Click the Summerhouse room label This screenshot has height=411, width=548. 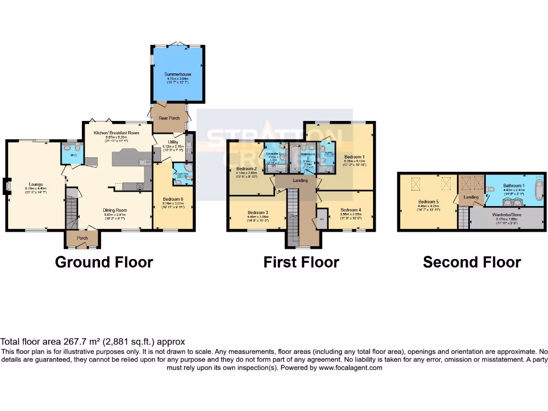point(178,74)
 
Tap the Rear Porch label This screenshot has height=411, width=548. point(169,118)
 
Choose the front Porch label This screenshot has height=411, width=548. point(82,238)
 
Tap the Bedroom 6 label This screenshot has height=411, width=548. point(173,199)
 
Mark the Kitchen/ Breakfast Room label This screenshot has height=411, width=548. point(116,132)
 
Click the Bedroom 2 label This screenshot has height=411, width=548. point(247,169)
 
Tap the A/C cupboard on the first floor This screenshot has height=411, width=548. point(322,219)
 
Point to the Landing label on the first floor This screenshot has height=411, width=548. point(300,180)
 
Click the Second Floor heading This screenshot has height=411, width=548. point(471,262)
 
